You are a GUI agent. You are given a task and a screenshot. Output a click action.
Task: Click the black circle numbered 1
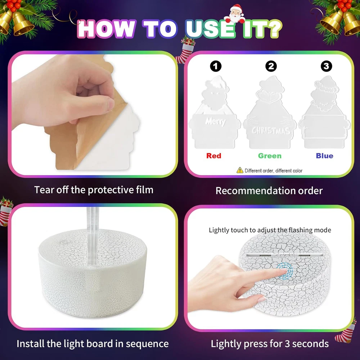[216, 66]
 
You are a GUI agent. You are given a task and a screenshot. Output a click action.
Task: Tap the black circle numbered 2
[271, 66]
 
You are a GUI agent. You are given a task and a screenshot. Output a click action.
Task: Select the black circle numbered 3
[326, 66]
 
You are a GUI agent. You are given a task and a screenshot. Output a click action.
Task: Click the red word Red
[214, 156]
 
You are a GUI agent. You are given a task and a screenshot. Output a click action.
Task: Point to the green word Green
[270, 156]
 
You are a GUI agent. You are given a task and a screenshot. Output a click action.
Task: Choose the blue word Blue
[324, 156]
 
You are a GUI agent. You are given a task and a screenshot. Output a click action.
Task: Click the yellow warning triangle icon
[240, 170]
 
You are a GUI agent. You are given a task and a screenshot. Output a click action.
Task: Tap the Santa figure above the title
[235, 14]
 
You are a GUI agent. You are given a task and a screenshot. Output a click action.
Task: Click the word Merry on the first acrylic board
[215, 121]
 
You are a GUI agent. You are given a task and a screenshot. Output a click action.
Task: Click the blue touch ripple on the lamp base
[285, 271]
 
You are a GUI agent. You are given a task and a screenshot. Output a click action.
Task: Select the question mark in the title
[273, 29]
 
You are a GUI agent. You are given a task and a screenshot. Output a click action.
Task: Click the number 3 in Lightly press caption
[287, 344]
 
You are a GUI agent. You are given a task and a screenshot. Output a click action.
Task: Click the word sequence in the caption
[147, 344]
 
